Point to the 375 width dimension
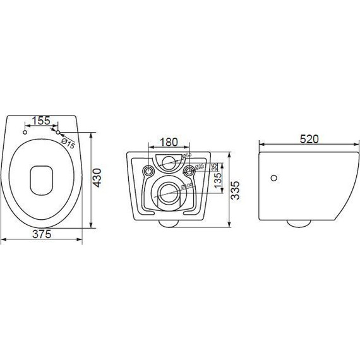click(x=42, y=233)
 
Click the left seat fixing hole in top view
click(x=24, y=133)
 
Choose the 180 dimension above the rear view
click(x=168, y=143)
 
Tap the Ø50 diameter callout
click(x=187, y=157)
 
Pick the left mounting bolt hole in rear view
click(x=149, y=170)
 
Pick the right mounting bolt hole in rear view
click(x=188, y=170)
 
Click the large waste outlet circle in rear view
click(x=168, y=192)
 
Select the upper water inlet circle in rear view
click(x=168, y=162)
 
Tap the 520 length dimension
click(x=309, y=138)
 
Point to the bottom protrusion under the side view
click(x=297, y=222)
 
